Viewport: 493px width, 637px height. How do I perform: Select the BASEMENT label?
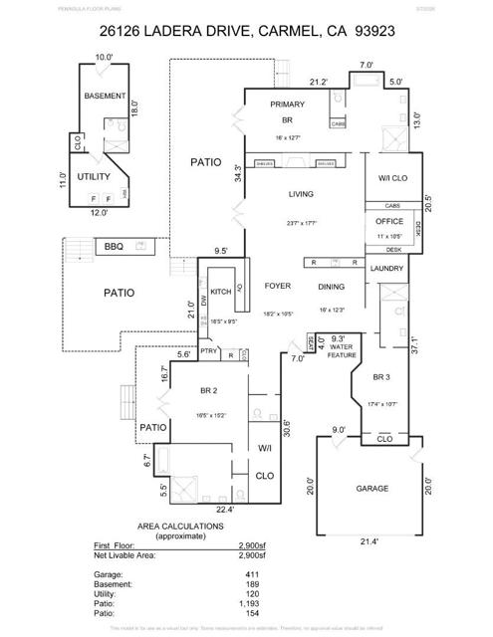[105, 97]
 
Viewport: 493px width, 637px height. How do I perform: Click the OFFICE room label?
[388, 221]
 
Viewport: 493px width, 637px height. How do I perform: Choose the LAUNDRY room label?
[385, 269]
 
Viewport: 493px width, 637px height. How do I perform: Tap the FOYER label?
[278, 286]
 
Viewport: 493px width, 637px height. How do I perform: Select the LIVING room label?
[302, 194]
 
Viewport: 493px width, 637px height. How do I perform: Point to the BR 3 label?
[380, 377]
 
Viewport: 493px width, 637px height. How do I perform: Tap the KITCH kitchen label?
[222, 294]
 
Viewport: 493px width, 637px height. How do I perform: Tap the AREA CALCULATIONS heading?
[180, 526]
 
